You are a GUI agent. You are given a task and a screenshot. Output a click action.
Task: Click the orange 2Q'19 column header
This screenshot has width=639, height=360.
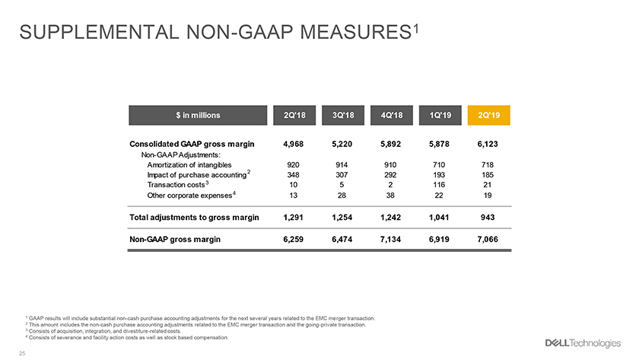pos(488,116)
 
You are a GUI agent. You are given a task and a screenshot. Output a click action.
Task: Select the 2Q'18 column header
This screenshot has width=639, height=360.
pos(294,116)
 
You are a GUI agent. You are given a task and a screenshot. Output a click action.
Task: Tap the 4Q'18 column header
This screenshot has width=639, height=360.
pos(391,116)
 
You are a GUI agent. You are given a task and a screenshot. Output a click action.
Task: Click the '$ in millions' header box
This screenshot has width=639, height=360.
pos(198,116)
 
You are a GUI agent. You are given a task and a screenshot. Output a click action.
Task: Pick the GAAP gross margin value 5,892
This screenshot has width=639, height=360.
pos(390,144)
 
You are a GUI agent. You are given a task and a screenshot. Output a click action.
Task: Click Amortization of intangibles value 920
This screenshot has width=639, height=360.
pos(293,164)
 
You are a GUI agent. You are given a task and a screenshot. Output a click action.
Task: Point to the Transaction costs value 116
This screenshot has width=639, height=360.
pos(439,185)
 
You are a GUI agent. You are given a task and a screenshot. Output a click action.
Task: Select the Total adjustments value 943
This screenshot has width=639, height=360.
pos(488,218)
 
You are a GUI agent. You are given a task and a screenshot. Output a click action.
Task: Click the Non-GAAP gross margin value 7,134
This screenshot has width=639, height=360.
pos(390,239)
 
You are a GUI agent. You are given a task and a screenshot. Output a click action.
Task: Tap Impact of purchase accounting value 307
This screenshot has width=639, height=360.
pos(342,175)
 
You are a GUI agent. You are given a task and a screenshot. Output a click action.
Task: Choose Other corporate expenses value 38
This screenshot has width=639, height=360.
pos(390,196)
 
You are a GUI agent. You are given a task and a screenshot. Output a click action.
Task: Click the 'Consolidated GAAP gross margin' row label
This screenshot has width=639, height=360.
pos(192,144)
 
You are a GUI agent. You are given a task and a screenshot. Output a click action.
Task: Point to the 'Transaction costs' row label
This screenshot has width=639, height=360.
pos(176,185)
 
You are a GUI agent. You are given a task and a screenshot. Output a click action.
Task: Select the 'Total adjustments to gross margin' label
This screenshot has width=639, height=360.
pos(194,218)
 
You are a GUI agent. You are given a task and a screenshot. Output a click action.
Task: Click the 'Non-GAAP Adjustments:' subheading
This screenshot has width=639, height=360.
pos(180,155)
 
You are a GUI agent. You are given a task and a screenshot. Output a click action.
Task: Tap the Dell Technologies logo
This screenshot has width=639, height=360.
pos(583,343)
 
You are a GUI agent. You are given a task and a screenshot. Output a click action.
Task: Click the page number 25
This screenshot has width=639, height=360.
pos(22,353)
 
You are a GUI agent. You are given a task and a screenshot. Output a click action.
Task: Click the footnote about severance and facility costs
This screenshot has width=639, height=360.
pos(127,338)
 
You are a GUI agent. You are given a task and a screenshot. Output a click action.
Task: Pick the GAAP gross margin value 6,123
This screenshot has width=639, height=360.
pos(488,144)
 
